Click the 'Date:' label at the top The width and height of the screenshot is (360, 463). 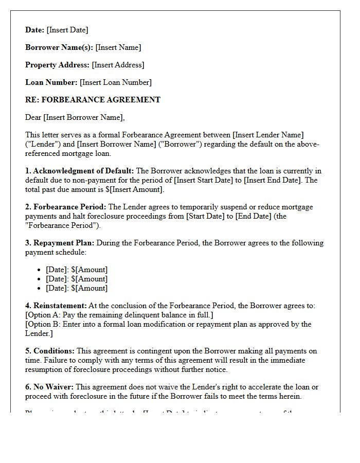[35, 30]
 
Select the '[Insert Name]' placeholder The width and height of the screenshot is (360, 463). [118, 47]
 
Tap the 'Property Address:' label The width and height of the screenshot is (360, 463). [57, 65]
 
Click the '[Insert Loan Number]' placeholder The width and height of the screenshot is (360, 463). [116, 82]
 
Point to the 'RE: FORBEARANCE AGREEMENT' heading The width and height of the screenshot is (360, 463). [93, 100]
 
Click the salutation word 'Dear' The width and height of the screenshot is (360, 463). [33, 117]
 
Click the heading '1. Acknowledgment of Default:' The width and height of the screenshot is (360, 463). [80, 171]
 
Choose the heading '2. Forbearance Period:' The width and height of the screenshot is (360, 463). [66, 207]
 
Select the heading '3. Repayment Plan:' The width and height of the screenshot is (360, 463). [60, 243]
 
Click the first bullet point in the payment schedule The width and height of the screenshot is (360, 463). [77, 270]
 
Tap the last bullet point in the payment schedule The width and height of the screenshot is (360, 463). [77, 288]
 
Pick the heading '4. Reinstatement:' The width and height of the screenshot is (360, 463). [56, 306]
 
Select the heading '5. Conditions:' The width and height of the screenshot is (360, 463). [50, 351]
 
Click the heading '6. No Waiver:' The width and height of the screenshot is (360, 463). [49, 387]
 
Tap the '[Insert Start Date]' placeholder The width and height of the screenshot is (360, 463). [205, 180]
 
